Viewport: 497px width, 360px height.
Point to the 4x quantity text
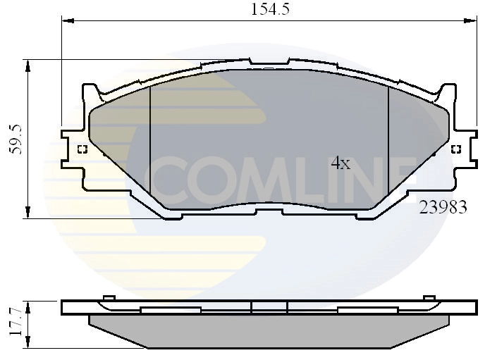coord(340,163)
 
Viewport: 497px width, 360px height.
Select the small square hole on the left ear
coord(82,149)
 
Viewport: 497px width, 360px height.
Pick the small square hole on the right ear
coord(455,149)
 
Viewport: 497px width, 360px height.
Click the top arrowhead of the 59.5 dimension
coord(28,65)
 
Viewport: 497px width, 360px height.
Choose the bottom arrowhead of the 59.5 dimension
coord(28,213)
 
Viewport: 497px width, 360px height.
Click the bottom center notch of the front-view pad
coord(268,212)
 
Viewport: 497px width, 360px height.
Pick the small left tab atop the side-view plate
coord(109,298)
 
